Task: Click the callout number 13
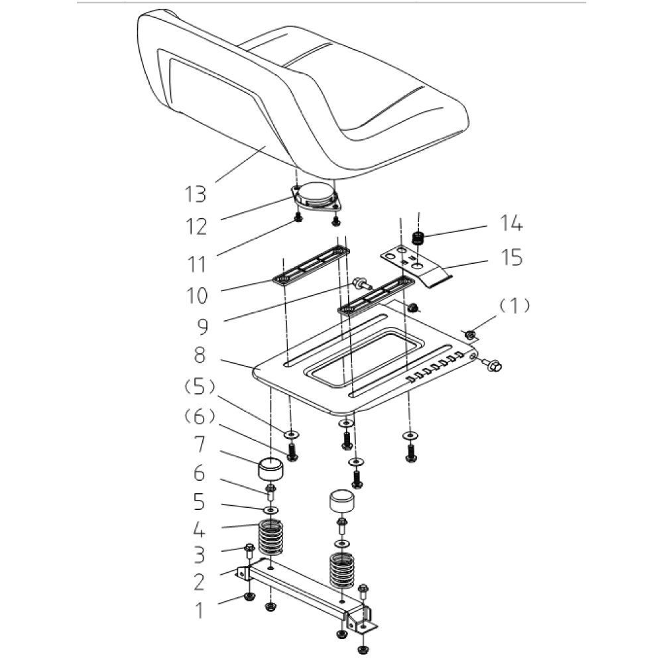[x=196, y=194]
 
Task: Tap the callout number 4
[x=200, y=530]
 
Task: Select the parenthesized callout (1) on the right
[x=514, y=306]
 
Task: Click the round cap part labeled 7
[x=269, y=471]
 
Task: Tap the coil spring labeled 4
[x=270, y=536]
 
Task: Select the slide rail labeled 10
[x=312, y=265]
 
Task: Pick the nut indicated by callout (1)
[x=470, y=335]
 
